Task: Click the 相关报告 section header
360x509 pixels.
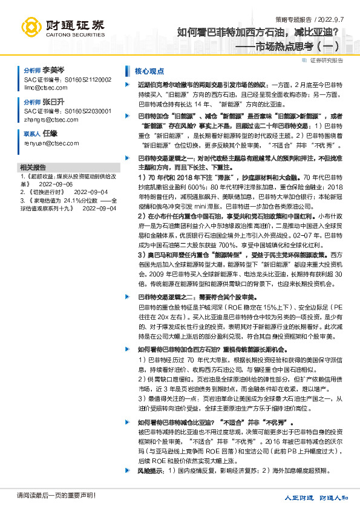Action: tap(33, 166)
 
